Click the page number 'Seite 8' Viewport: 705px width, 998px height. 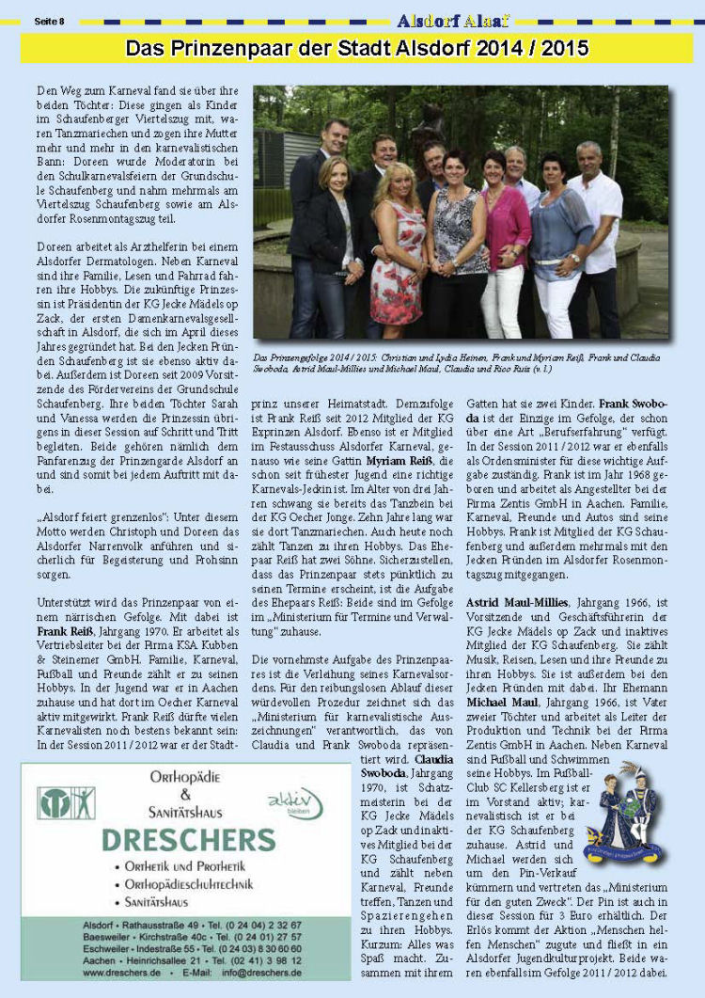click(49, 21)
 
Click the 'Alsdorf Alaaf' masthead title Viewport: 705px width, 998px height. click(453, 21)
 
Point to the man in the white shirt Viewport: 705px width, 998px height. click(595, 235)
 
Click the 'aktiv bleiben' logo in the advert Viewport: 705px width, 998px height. click(294, 802)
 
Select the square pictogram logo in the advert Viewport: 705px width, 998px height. click(66, 802)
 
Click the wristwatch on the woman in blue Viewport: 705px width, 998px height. click(572, 257)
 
